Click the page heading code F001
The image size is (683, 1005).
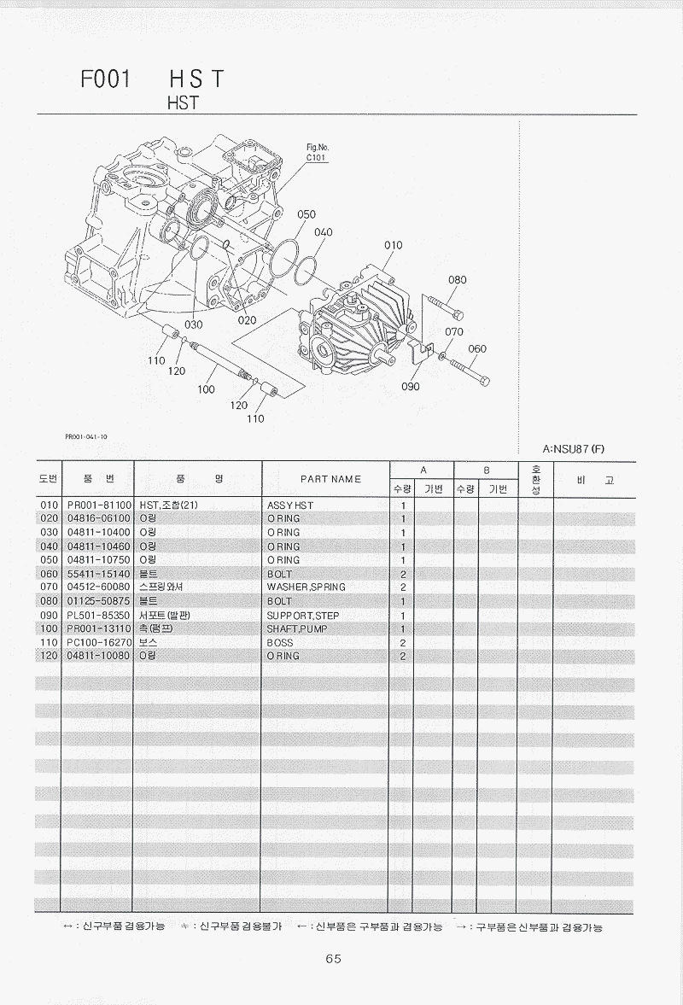105,79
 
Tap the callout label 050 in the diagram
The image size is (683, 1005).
306,214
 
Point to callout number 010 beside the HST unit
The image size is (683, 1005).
393,245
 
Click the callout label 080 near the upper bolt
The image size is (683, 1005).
458,279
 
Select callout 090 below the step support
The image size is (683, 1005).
410,386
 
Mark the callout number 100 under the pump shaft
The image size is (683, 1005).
206,389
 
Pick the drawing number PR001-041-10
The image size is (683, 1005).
86,436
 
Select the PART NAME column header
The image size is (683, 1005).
330,479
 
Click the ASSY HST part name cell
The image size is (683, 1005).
290,505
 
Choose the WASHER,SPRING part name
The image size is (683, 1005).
306,587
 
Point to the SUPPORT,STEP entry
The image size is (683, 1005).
303,615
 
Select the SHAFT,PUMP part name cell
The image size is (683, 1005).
296,628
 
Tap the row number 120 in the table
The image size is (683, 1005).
48,656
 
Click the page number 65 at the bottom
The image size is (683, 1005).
333,958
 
